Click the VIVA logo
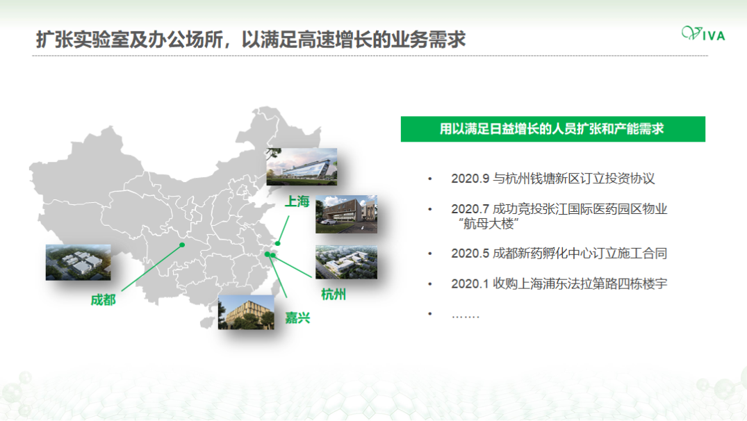pos(703,33)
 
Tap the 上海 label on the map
pos(297,201)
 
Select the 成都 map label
pos(104,300)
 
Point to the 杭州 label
pos(334,295)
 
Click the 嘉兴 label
pos(297,317)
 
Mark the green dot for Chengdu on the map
pos(182,245)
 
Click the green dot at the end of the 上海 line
pos(278,243)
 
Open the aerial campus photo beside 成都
pos(78,263)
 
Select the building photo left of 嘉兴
pos(246,313)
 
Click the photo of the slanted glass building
pos(302,167)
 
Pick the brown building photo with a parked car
pos(346,214)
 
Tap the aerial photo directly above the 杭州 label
pos(346,263)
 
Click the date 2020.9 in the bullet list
pos(470,179)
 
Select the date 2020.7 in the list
pos(470,209)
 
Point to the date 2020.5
pos(470,254)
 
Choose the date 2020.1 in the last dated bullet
pos(470,284)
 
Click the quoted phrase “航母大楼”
pos(489,224)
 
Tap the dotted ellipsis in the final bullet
pos(466,315)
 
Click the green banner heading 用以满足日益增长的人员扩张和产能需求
pos(552,129)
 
